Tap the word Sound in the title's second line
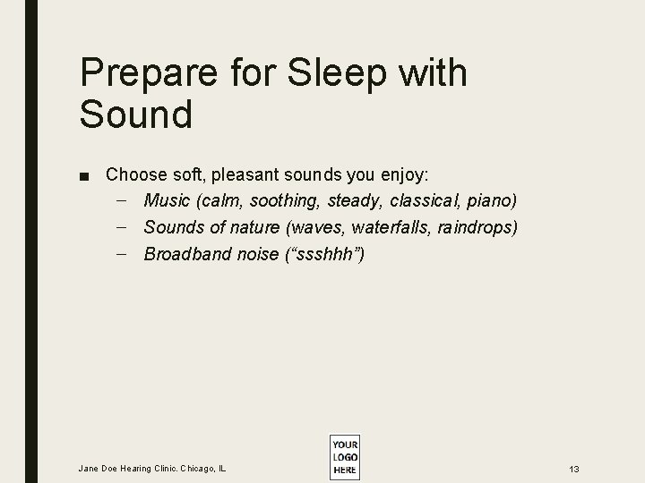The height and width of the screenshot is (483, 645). click(x=135, y=114)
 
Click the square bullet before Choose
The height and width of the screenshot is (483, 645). click(x=83, y=174)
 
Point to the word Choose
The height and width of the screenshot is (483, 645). click(x=133, y=174)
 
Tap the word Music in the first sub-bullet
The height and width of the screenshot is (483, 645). click(x=167, y=200)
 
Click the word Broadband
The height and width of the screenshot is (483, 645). click(x=186, y=254)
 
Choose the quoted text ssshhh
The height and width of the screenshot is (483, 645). click(x=323, y=254)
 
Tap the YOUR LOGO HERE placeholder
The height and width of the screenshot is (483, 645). click(x=344, y=457)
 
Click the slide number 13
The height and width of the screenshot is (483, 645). click(x=573, y=469)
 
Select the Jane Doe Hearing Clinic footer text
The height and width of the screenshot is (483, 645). click(x=153, y=468)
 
